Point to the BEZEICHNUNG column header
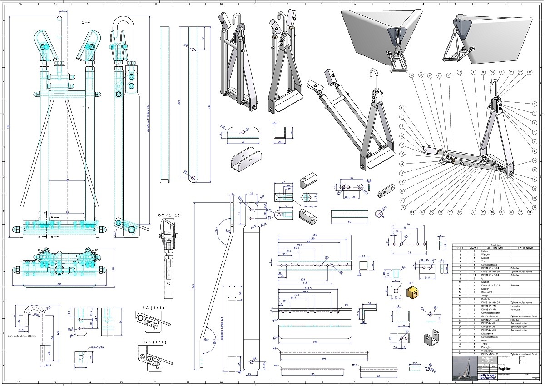point(524,248)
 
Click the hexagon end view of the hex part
point(306,197)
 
